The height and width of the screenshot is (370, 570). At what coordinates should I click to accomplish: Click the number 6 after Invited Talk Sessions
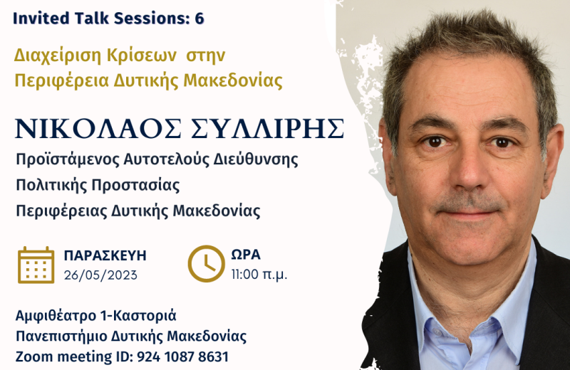click(199, 18)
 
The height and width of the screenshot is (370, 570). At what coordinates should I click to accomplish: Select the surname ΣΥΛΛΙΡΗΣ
click(267, 129)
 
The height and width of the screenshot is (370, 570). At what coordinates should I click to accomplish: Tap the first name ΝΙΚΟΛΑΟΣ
click(98, 129)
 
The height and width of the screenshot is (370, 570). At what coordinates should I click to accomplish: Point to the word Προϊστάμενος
click(68, 160)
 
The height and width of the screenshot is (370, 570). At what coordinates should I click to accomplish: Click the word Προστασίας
click(135, 185)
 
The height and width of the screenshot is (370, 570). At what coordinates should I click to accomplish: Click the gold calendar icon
click(36, 265)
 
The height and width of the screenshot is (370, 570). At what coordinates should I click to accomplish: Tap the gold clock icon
click(206, 263)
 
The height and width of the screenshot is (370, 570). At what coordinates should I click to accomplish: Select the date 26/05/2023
click(100, 275)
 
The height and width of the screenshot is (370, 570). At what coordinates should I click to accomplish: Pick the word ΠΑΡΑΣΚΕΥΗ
click(105, 255)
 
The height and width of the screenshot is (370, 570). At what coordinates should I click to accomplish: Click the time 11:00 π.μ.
click(259, 275)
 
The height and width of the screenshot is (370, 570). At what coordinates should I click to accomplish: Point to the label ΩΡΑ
click(246, 255)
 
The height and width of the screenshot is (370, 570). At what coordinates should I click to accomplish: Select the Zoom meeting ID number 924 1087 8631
click(182, 357)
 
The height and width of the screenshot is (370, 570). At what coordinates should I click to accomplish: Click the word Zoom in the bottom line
click(34, 357)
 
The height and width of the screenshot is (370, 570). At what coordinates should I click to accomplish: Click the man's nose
click(470, 171)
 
